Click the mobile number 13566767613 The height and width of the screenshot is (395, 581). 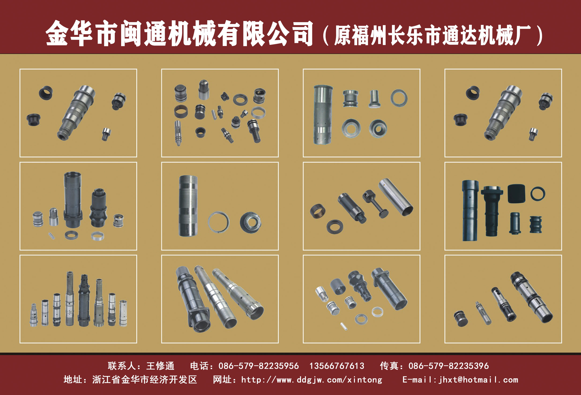(x=337, y=366)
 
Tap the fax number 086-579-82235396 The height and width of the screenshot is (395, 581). (x=448, y=366)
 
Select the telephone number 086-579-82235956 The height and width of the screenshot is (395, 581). (x=258, y=366)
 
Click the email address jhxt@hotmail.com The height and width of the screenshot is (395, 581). (x=478, y=380)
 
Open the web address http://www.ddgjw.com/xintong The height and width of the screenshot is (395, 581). (x=312, y=380)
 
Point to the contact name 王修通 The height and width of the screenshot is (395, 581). (x=160, y=366)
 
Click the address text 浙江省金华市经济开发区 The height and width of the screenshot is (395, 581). (x=145, y=380)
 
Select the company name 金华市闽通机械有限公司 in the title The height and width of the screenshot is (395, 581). (x=179, y=34)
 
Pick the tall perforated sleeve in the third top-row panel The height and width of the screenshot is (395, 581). (x=323, y=115)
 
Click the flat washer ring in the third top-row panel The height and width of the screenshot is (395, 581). (x=399, y=98)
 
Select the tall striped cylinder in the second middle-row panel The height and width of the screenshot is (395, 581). (x=188, y=206)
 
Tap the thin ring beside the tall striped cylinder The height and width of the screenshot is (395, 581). (x=219, y=222)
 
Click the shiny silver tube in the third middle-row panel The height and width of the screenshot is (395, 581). (x=396, y=197)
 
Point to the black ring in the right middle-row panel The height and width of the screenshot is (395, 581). (x=538, y=194)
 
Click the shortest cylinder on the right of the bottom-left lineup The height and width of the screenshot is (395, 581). (x=123, y=313)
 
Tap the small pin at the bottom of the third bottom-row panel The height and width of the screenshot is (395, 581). (x=344, y=326)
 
